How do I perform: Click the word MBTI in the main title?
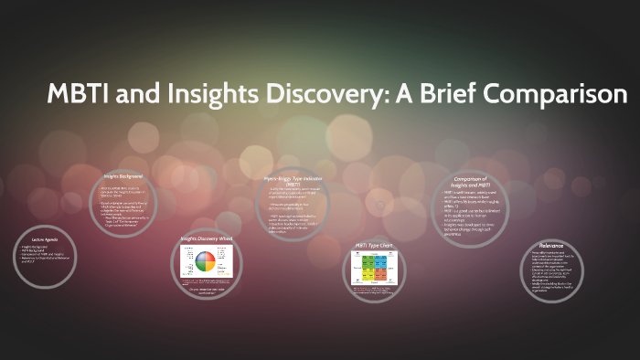79,94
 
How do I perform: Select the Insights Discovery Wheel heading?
207,239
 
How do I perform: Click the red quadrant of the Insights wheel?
212,257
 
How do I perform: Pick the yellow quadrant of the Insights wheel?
212,268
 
